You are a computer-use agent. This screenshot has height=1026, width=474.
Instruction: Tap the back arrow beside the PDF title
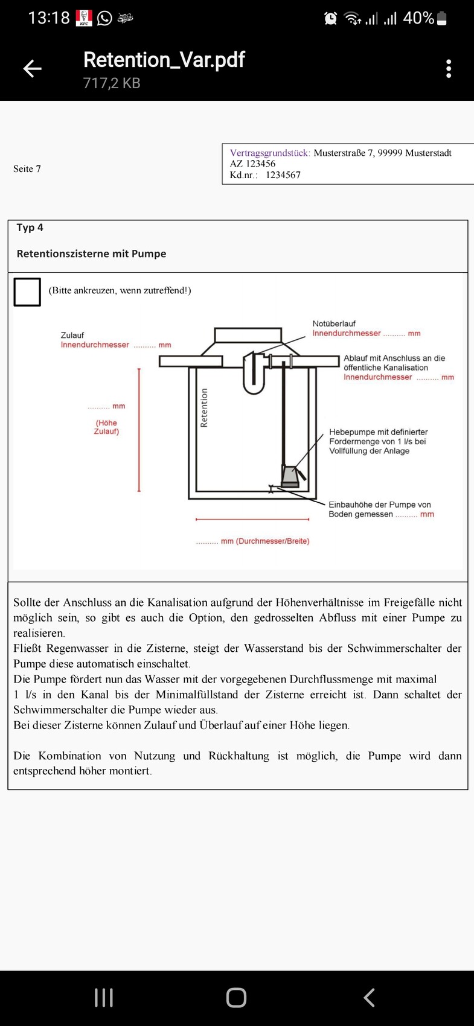point(33,69)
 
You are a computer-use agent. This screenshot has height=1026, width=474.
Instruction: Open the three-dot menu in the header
point(449,69)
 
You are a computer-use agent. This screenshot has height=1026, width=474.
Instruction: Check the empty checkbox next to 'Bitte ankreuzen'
point(27,292)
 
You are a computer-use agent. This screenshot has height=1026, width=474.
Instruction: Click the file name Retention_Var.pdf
point(164,60)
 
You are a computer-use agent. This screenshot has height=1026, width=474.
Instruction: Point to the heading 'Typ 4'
point(30,228)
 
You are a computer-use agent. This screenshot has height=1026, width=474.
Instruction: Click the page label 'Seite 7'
point(27,169)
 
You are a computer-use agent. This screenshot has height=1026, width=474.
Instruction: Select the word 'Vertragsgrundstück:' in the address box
point(270,153)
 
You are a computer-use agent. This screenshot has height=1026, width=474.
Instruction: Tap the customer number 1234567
point(283,175)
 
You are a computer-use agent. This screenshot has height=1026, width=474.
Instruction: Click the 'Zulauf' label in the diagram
point(72,335)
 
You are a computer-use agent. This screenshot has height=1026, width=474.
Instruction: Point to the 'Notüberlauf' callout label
point(334,323)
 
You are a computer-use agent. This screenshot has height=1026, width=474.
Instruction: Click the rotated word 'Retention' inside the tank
point(204,408)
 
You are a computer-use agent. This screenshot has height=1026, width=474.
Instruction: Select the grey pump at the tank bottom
point(290,476)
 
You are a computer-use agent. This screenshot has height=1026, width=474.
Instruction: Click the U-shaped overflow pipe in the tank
point(254,375)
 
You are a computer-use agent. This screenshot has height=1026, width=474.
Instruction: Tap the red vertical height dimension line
point(139,430)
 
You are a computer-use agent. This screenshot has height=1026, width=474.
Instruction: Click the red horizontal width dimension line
point(252,518)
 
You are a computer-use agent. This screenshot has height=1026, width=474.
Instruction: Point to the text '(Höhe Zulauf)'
point(106,427)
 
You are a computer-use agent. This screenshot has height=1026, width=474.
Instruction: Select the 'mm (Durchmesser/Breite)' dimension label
point(264,541)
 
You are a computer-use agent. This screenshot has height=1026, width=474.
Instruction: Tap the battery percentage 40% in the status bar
point(418,18)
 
